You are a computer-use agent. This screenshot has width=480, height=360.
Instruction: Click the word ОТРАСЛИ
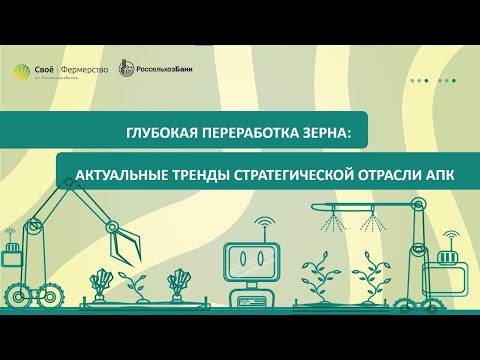385,174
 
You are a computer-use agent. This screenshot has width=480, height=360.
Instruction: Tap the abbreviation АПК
439,174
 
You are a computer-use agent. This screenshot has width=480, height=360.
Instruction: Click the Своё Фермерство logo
60,71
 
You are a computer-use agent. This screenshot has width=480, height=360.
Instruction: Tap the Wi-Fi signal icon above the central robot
264,222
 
